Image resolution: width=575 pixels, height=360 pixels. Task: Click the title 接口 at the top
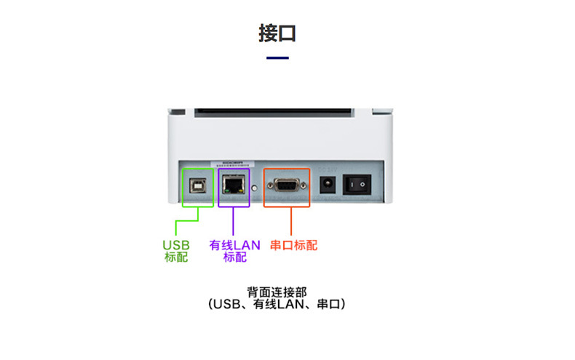click(x=277, y=33)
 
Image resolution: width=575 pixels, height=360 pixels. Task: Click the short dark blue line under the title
click(x=277, y=57)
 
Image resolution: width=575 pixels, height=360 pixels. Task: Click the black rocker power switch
click(x=357, y=185)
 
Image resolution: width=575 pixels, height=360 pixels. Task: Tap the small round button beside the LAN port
click(x=255, y=187)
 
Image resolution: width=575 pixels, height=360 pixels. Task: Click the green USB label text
click(x=176, y=245)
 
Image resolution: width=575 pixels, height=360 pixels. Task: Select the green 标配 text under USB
click(x=176, y=257)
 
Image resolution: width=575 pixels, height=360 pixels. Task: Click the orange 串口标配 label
click(x=294, y=245)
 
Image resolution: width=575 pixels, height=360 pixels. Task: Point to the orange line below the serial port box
click(x=290, y=221)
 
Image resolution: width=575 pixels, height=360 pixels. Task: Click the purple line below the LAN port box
click(x=233, y=221)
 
